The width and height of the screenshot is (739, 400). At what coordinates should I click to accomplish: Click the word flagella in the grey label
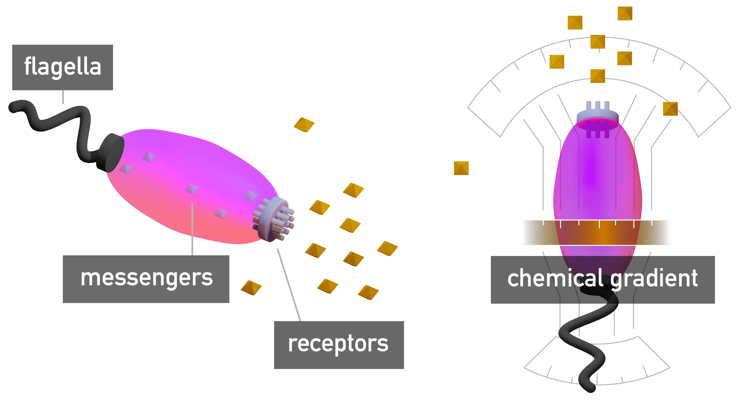tap(63, 67)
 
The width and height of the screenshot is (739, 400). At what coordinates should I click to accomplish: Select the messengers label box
tap(146, 279)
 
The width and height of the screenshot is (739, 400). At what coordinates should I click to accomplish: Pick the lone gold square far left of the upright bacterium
tap(461, 168)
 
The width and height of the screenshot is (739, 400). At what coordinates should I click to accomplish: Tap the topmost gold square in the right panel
tap(625, 13)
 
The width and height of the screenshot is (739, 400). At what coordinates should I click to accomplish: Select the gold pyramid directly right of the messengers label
tap(251, 288)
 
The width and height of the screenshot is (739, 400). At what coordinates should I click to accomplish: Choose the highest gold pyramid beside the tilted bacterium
tap(304, 125)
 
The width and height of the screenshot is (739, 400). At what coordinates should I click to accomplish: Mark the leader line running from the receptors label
tap(289, 285)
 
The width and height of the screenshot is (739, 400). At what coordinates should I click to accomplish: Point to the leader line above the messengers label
tap(192, 229)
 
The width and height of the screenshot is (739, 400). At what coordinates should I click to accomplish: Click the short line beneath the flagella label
tap(63, 97)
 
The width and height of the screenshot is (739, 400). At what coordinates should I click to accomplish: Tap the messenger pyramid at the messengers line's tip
tap(192, 189)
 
